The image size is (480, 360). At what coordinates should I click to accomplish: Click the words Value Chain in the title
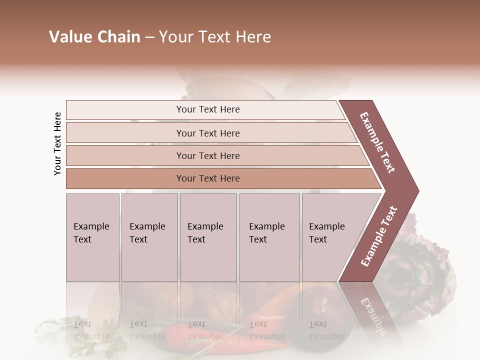click(94, 37)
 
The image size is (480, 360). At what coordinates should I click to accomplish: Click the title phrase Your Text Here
click(215, 37)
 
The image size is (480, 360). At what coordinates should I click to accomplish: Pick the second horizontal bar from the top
click(208, 133)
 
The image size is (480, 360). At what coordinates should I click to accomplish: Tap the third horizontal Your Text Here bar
click(208, 155)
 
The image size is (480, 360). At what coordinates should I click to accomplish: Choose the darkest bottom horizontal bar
click(208, 178)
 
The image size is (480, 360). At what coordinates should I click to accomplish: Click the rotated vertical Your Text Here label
click(57, 143)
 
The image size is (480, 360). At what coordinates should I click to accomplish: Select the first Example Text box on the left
click(92, 237)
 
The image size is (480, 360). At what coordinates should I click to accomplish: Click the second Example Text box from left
click(149, 237)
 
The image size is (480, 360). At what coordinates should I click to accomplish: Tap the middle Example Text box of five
click(207, 237)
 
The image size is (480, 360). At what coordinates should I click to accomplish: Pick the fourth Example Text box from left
click(269, 237)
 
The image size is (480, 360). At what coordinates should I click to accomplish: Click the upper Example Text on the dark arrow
click(377, 142)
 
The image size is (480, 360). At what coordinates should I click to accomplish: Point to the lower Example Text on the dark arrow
click(378, 236)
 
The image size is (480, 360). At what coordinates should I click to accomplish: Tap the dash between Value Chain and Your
click(149, 38)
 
